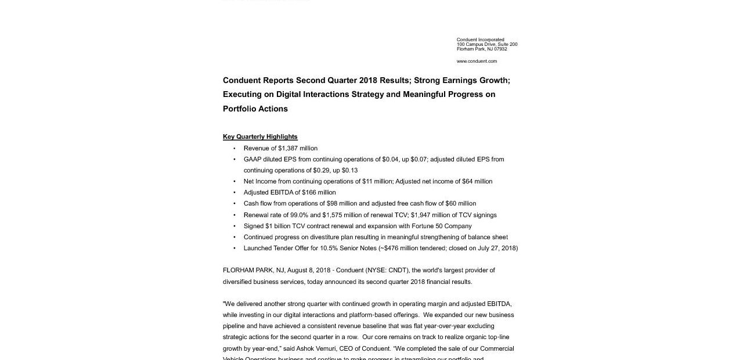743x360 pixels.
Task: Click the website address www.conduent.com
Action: click(x=477, y=61)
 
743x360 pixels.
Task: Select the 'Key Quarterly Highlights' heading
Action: click(x=260, y=137)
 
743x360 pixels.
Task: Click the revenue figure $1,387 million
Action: click(x=298, y=148)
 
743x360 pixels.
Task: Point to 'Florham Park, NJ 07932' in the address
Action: click(x=482, y=49)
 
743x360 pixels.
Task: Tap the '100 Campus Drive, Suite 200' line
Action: click(x=487, y=44)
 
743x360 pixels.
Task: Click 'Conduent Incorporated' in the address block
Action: click(x=480, y=39)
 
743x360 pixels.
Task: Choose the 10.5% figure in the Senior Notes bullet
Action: click(x=329, y=248)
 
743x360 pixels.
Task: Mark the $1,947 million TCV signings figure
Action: click(x=431, y=215)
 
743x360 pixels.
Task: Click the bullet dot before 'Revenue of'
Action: click(x=235, y=149)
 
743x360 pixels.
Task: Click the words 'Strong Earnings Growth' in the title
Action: click(x=461, y=80)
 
